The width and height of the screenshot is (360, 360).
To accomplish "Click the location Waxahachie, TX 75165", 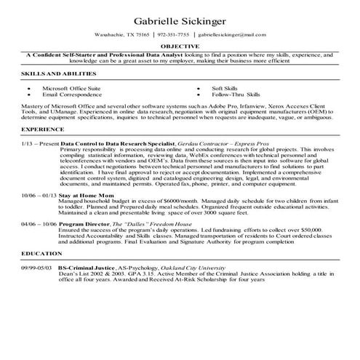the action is click(x=122, y=34).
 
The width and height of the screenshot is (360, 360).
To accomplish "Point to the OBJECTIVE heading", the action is click(x=180, y=46).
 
